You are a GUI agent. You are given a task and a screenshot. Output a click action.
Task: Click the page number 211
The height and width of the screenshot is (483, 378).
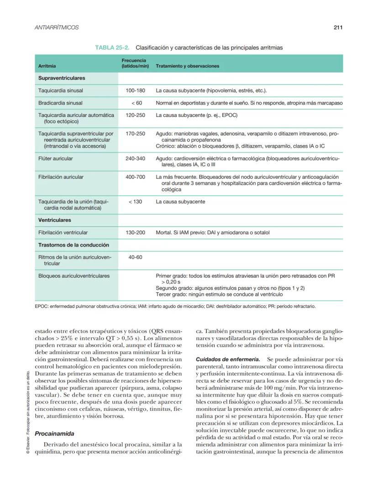[338, 27]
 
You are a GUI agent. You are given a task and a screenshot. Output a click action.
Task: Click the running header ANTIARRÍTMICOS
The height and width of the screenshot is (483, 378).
[57, 27]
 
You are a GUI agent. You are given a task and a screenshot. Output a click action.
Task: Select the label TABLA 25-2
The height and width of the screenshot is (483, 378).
[112, 47]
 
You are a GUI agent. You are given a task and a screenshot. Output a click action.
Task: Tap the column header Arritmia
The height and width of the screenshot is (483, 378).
[47, 66]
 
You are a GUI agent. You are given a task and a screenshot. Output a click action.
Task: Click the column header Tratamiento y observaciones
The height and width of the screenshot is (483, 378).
[187, 66]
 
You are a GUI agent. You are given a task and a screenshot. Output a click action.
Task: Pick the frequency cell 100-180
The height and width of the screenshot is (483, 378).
[135, 91]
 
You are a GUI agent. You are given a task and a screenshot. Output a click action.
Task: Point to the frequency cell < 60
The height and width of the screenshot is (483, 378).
[136, 103]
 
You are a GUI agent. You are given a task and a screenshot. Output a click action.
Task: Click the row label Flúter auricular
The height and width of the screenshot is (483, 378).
[55, 159]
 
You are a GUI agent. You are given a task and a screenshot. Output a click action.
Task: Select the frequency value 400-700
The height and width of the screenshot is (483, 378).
[135, 177]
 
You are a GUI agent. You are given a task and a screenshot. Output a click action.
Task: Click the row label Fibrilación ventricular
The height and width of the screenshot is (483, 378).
[63, 233]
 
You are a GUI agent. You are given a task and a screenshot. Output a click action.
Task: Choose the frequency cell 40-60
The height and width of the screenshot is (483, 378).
[135, 257]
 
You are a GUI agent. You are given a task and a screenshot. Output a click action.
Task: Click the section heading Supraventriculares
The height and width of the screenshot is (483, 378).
[62, 79]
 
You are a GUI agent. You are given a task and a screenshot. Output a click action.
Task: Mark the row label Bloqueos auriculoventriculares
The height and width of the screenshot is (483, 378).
[74, 276]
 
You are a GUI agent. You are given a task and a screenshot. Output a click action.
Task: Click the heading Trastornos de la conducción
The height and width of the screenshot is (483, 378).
[73, 245]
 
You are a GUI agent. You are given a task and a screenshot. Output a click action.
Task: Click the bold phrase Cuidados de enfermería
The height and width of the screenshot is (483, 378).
[228, 360]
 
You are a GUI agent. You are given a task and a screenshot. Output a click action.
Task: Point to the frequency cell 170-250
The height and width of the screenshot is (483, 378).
[135, 134]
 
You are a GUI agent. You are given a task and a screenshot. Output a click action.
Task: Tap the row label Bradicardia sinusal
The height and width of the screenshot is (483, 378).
[60, 103]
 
